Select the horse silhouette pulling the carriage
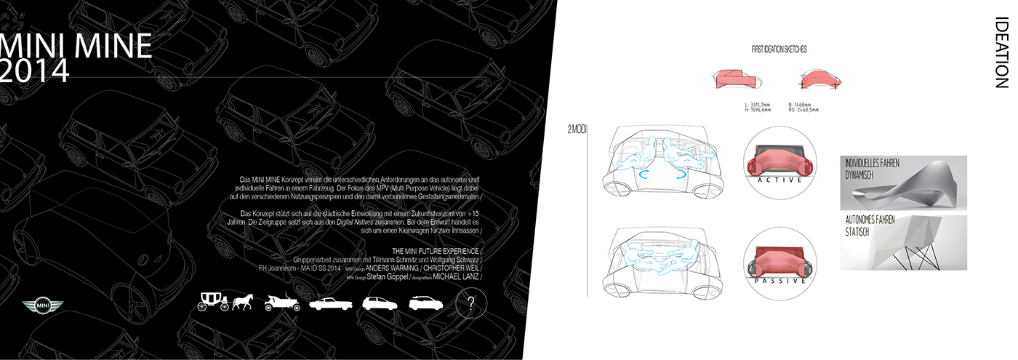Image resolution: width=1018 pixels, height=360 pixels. tap(241, 303)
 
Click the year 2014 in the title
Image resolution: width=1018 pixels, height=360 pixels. tap(35, 71)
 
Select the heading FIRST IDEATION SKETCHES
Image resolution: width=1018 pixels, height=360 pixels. tap(779, 49)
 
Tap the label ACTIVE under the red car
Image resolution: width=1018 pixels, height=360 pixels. tap(779, 179)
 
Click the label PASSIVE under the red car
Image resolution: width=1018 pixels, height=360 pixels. tap(779, 280)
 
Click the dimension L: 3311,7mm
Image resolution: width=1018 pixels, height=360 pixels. tap(758, 105)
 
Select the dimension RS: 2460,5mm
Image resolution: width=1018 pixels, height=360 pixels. tap(803, 111)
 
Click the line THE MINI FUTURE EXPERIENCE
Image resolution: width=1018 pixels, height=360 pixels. tap(435, 251)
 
